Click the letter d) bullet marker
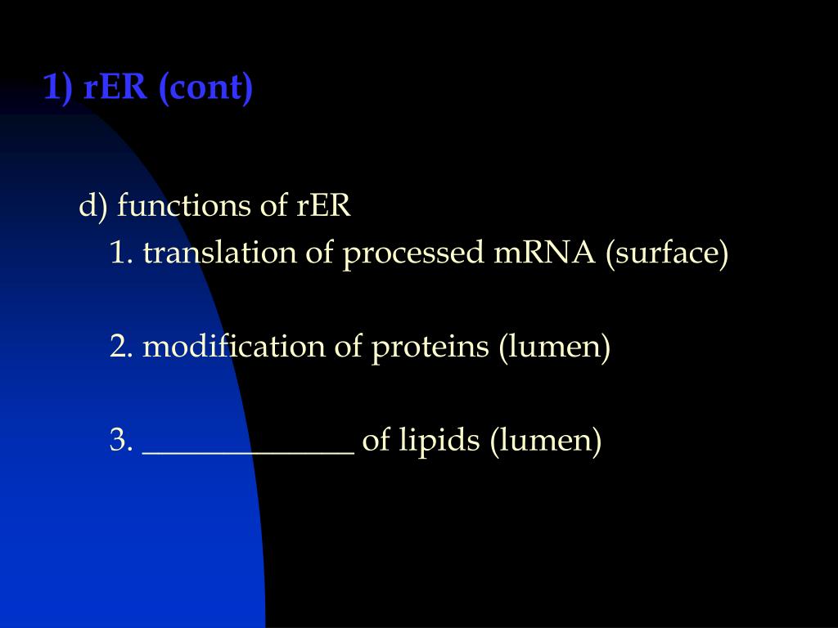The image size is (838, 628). coord(93,206)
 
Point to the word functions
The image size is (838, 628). coord(185,206)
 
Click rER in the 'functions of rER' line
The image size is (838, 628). coord(323,206)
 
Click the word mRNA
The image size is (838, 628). coord(544,253)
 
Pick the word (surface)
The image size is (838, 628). coord(667,253)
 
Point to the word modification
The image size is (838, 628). coord(234,347)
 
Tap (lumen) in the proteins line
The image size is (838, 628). coord(555,347)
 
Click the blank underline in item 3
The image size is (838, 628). coord(248,450)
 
